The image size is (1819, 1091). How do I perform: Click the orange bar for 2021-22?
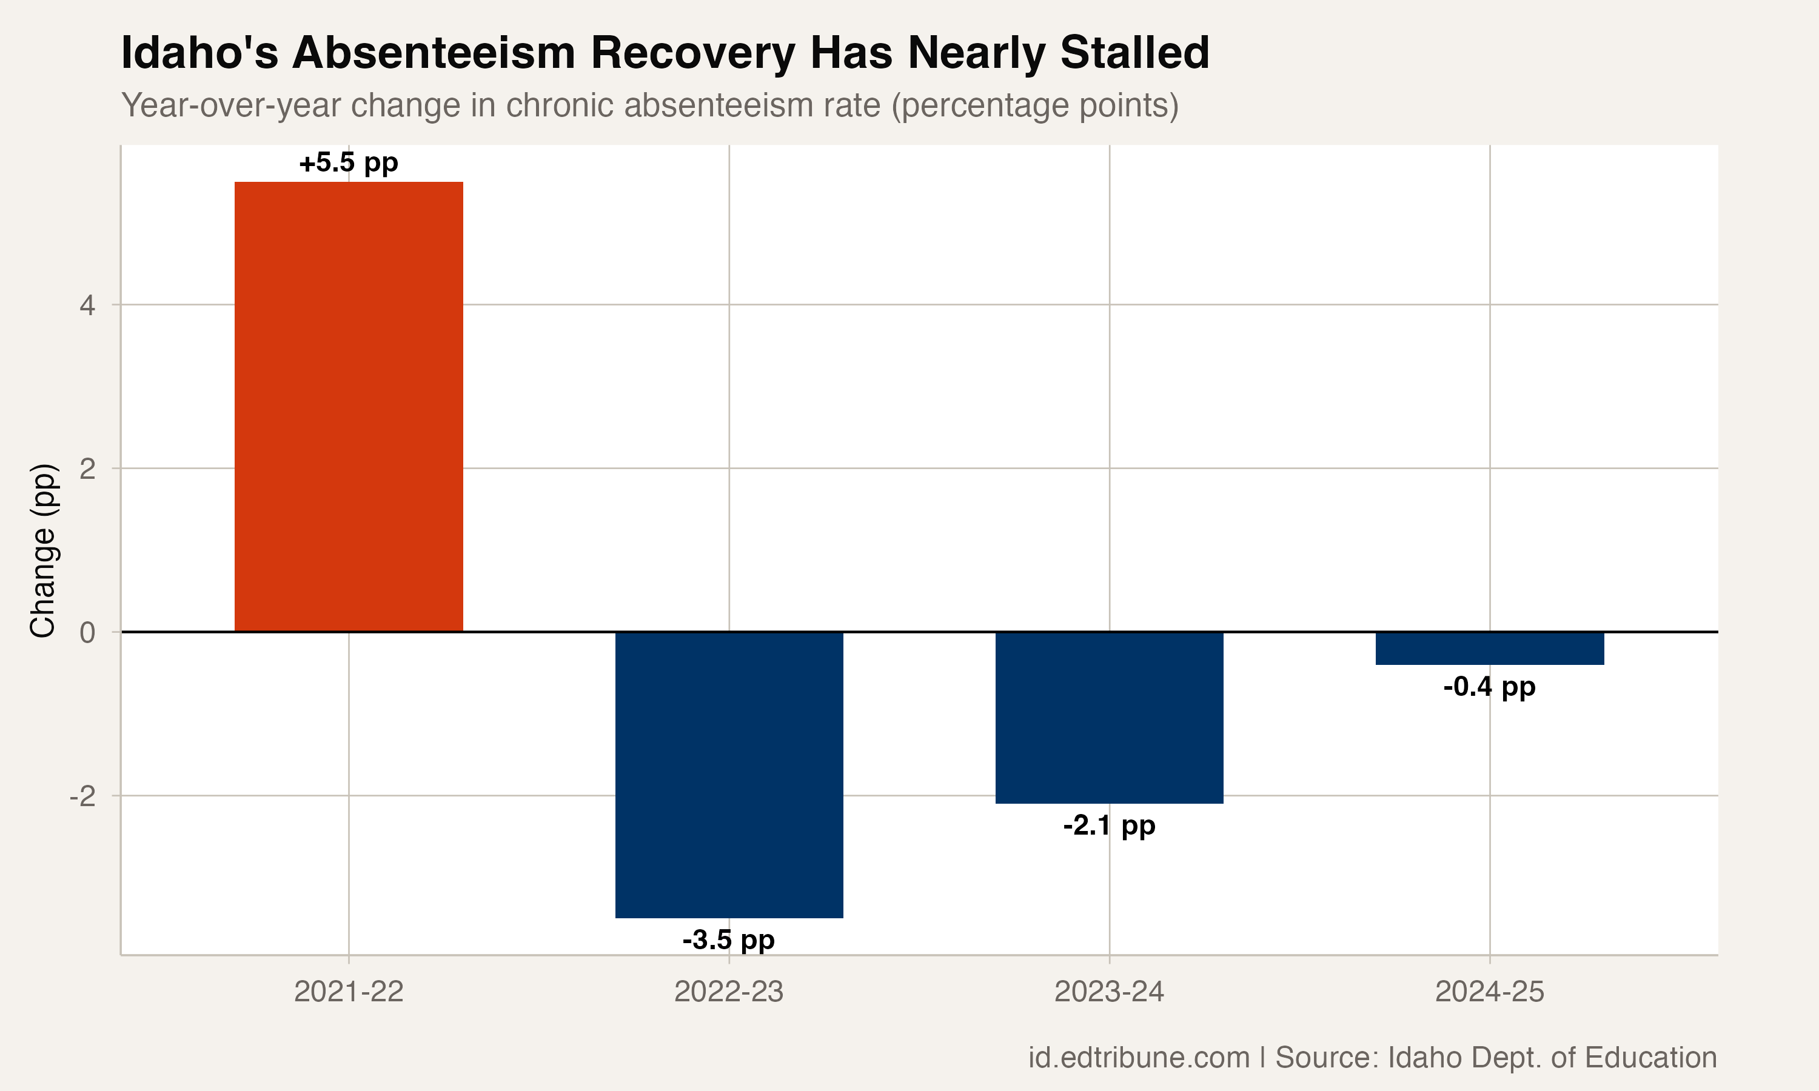[349, 407]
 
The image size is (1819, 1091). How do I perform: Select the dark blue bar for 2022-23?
[729, 774]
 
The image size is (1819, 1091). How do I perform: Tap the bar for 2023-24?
[1109, 717]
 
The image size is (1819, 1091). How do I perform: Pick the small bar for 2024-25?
[1490, 649]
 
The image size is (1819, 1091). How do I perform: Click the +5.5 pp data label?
[349, 162]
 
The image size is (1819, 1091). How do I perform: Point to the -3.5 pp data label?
[729, 939]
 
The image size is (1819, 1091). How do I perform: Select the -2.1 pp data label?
[1109, 826]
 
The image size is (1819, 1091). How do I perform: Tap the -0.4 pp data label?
[1490, 687]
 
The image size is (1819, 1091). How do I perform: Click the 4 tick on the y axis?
[87, 305]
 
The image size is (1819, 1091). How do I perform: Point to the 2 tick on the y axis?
[87, 469]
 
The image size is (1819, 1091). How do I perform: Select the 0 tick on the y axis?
[87, 632]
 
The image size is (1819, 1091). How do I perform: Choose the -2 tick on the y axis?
[82, 795]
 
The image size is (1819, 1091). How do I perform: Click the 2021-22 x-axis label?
[349, 992]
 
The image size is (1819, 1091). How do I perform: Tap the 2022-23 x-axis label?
[729, 992]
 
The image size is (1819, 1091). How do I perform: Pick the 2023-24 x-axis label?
[1109, 992]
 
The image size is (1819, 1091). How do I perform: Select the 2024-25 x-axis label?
[1490, 992]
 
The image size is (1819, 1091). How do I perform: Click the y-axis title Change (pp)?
[42, 550]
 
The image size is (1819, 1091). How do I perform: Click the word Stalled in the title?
[1134, 53]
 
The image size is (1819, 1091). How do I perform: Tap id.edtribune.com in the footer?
[1138, 1057]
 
